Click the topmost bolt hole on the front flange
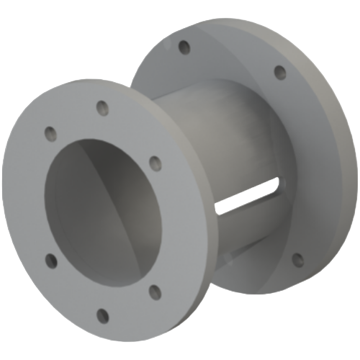(x=102, y=108)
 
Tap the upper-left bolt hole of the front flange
(x=49, y=133)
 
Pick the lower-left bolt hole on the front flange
(x=50, y=259)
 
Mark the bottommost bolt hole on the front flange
(x=103, y=315)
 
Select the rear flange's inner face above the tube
(x=216, y=65)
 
